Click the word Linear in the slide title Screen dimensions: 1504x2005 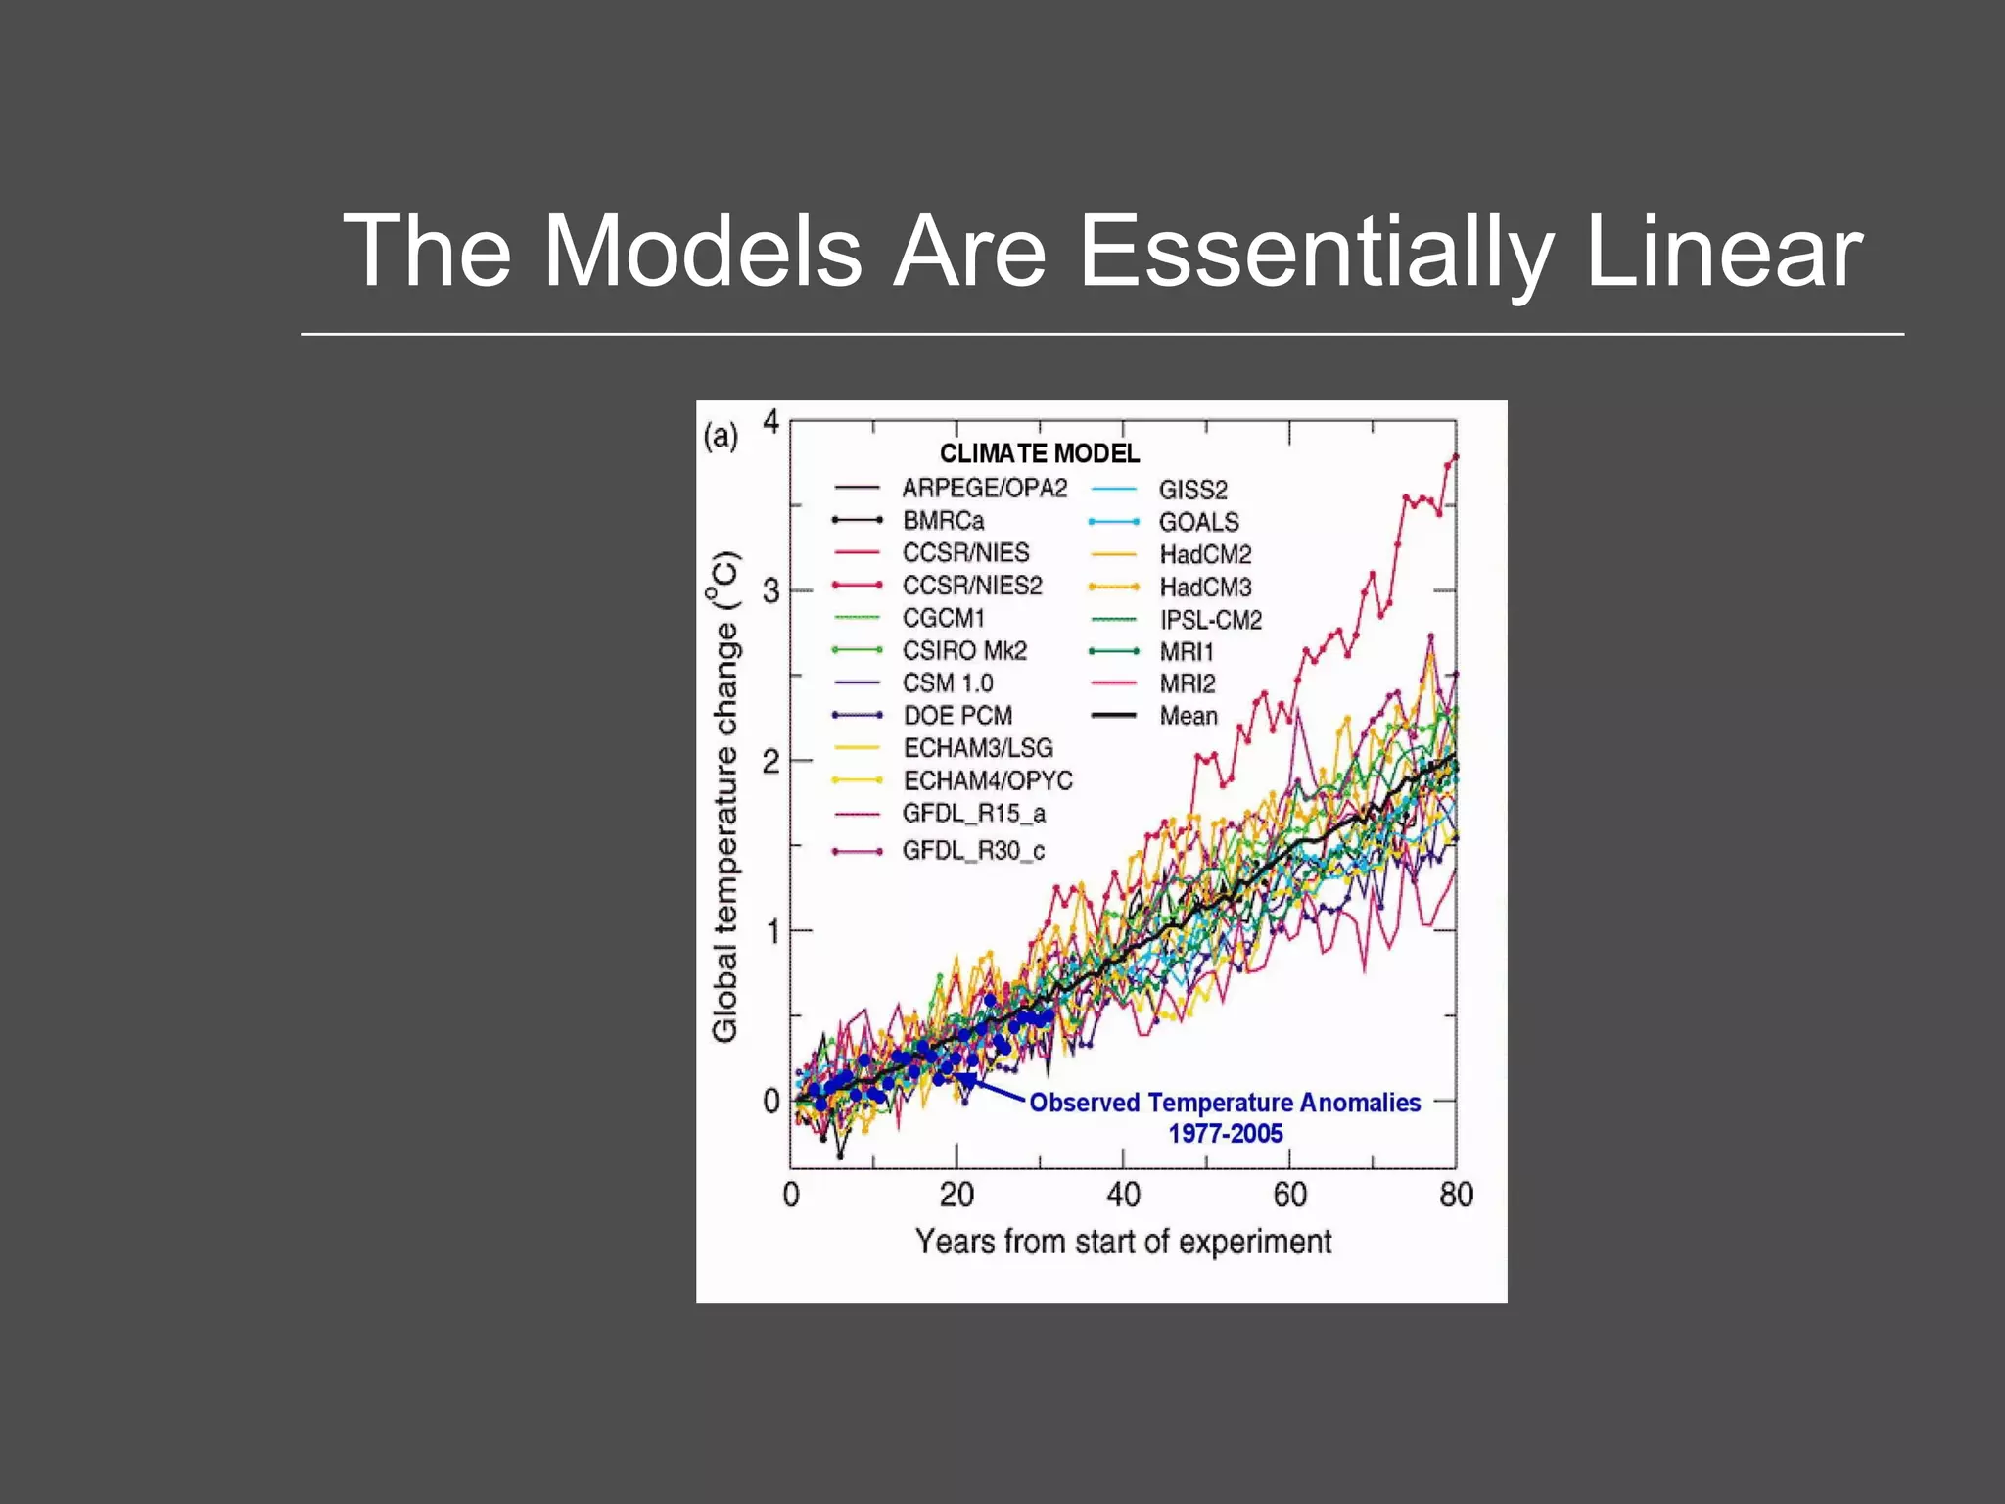[x=1723, y=252]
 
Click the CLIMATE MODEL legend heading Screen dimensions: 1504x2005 [x=1040, y=453]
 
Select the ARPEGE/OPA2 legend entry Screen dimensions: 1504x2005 [x=984, y=488]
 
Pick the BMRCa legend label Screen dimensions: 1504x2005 [x=943, y=520]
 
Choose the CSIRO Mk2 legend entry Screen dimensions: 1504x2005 [x=964, y=650]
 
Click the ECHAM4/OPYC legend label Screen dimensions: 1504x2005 [x=988, y=780]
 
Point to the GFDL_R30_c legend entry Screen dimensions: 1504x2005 [x=973, y=850]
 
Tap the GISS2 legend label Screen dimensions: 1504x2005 [x=1192, y=490]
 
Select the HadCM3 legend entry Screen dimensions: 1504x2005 [x=1205, y=587]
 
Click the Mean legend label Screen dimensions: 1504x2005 [x=1189, y=716]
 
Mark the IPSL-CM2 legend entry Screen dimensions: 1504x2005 [x=1210, y=620]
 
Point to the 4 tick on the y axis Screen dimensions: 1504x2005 [x=771, y=422]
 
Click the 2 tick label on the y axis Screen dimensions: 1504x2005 [x=771, y=761]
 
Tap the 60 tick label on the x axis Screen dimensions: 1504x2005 [x=1289, y=1195]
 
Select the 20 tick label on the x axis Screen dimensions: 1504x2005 [x=956, y=1195]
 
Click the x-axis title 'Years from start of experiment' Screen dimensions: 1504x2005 [x=1123, y=1242]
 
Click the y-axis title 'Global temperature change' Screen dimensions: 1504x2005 [x=724, y=797]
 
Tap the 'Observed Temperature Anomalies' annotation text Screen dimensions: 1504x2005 [x=1225, y=1103]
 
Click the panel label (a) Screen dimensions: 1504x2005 [x=721, y=436]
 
